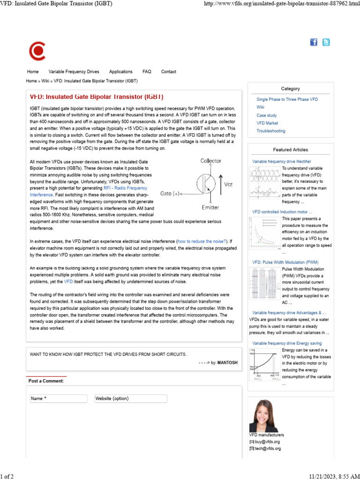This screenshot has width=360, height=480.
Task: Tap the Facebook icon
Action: point(314,42)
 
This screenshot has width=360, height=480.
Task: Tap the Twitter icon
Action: point(326,42)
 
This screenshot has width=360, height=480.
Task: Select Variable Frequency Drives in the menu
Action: point(74,72)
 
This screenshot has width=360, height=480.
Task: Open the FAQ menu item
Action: point(147,72)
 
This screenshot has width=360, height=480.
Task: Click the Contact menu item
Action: point(169,72)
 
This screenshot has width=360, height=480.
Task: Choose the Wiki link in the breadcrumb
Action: point(45,81)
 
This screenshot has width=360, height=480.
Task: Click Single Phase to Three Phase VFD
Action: point(287,99)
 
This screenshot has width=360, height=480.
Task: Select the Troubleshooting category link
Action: point(270,131)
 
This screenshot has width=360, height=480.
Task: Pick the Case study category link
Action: point(266,115)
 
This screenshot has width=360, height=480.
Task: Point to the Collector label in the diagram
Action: point(210,161)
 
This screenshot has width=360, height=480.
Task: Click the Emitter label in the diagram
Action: point(210,207)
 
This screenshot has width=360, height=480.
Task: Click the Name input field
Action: point(58,398)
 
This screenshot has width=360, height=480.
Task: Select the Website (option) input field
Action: point(130,398)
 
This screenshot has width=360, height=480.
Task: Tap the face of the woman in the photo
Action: point(262,412)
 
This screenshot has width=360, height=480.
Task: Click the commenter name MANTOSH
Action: point(228,363)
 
